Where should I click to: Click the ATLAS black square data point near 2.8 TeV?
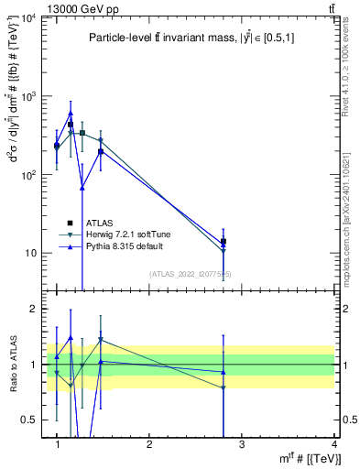coord(224,242)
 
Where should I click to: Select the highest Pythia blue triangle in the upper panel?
coord(71,114)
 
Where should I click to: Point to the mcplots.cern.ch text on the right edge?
coord(352,220)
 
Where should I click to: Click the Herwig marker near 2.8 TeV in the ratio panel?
coord(224,388)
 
